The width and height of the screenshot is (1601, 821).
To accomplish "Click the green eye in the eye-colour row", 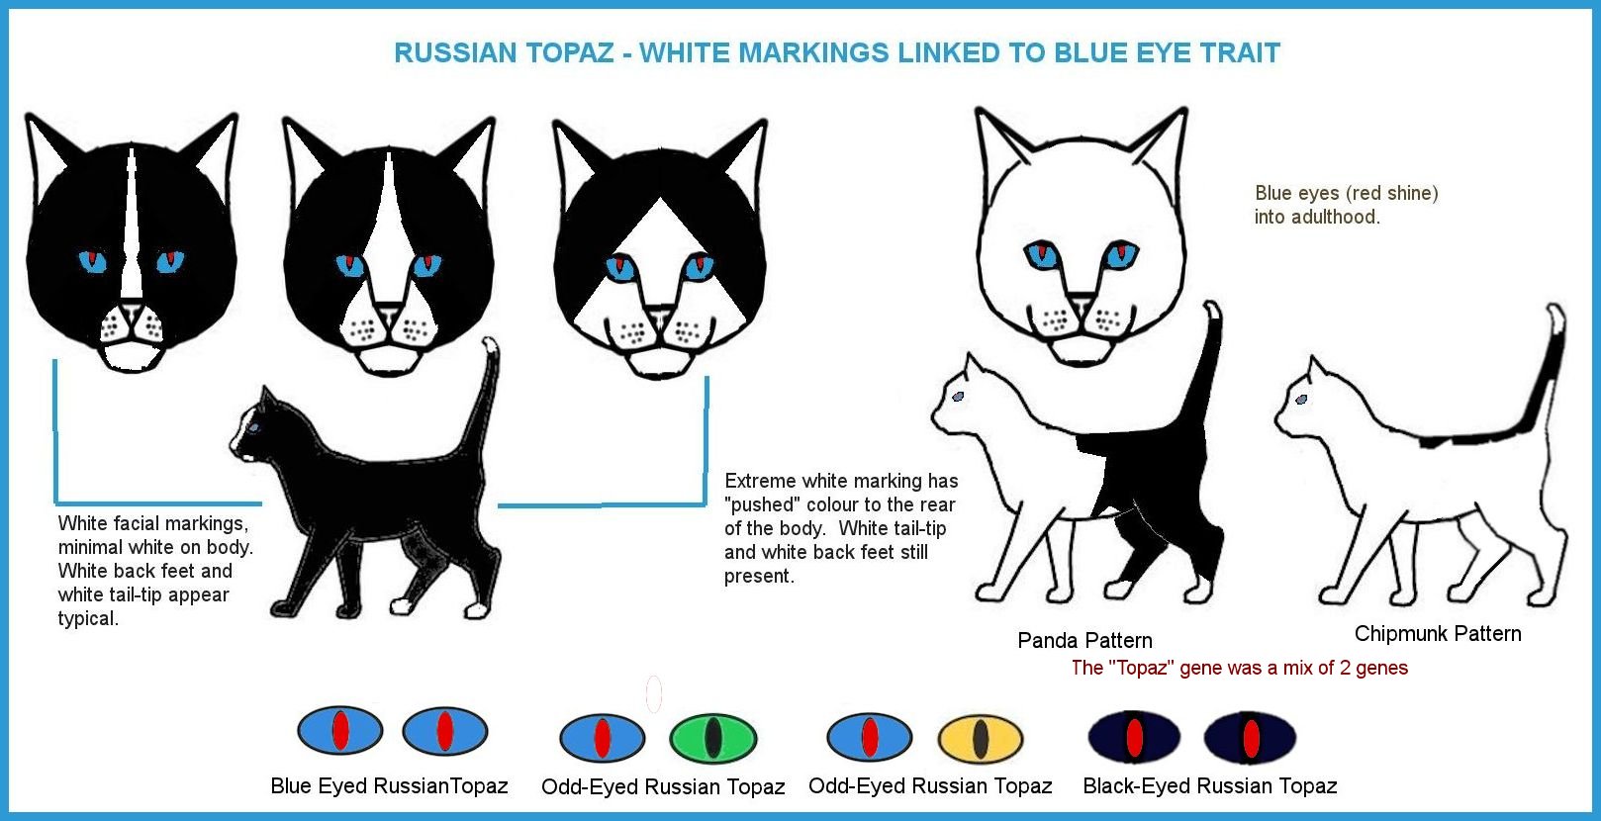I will pos(712,738).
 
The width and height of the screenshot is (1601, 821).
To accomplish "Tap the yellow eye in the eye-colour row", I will pos(980,738).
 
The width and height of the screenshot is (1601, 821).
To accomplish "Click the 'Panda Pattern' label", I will pos(1084,640).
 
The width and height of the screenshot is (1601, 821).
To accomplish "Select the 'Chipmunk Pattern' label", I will pos(1437,633).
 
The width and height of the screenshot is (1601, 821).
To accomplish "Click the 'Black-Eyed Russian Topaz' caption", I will pos(1209,785).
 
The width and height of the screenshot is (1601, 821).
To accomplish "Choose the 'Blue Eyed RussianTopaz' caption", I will pos(389,785).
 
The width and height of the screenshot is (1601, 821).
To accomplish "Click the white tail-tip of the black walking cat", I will pos(489,348).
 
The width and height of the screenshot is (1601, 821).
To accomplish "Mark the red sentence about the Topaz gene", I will pos(1239,668).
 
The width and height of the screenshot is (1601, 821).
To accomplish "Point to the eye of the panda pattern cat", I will pos(958,397).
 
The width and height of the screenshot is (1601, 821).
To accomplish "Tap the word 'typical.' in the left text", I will pos(88,618).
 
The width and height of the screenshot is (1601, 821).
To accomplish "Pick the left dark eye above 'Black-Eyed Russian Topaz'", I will pos(1134,738).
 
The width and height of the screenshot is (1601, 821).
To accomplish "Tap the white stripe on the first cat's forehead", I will pos(130,218).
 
